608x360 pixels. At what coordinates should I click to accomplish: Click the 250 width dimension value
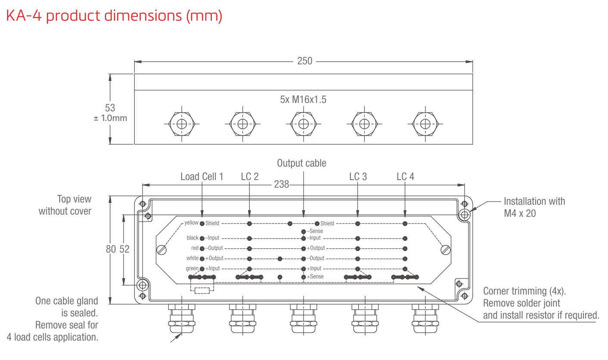[x=304, y=61]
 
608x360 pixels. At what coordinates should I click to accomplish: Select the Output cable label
[x=301, y=163]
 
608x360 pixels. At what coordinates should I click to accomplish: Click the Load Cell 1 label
[x=202, y=177]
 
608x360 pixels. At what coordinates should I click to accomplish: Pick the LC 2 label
[x=250, y=177]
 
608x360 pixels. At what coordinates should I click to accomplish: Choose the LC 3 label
[x=358, y=177]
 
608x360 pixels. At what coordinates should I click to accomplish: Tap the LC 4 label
[x=406, y=177]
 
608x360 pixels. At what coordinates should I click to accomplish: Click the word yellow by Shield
[x=191, y=223]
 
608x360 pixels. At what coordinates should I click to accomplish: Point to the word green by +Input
[x=192, y=268]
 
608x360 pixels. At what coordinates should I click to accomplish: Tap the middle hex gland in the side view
[x=304, y=123]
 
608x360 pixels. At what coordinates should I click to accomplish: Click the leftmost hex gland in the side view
[x=182, y=123]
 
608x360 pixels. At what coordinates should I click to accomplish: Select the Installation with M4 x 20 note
[x=534, y=207]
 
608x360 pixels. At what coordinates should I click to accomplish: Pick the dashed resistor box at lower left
[x=202, y=290]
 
